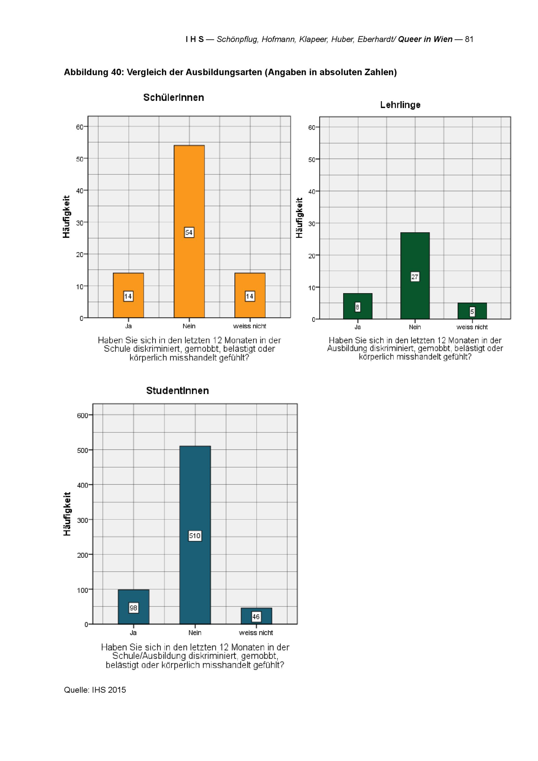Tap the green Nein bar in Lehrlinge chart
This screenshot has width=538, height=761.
(x=415, y=255)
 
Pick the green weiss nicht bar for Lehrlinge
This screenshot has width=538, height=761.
(x=472, y=306)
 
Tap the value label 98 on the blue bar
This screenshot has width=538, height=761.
(x=133, y=608)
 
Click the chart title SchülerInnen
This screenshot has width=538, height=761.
(x=173, y=97)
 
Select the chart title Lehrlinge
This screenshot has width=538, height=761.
(x=400, y=105)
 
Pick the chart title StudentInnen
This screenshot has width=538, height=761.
(x=177, y=390)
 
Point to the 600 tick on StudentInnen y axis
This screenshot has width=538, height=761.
(x=83, y=416)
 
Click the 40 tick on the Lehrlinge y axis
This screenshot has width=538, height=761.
(x=312, y=192)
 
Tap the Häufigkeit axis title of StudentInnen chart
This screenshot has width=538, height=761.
(x=67, y=514)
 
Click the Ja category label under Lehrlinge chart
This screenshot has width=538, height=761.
(x=358, y=327)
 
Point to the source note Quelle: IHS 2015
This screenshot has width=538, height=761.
(x=95, y=690)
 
